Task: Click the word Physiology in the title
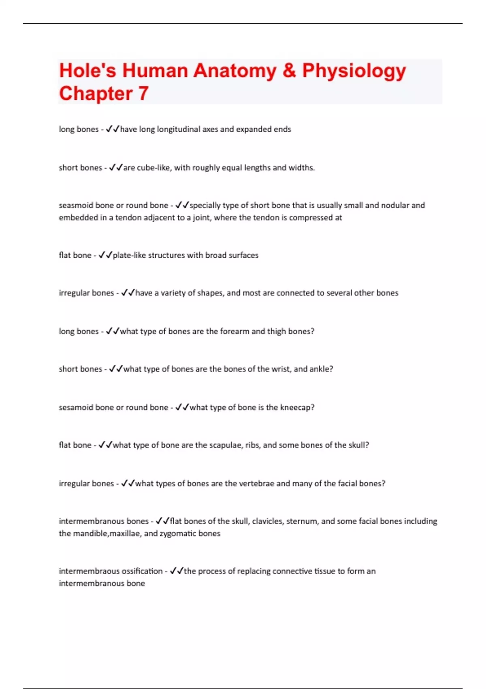pos(354,71)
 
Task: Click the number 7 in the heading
pos(143,94)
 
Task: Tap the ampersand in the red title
pos(289,71)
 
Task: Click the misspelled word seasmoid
pos(76,205)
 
